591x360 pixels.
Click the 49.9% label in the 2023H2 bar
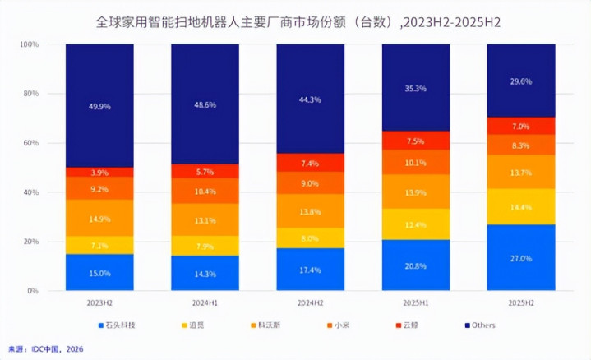tap(99, 105)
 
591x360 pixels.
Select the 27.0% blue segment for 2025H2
tap(521, 257)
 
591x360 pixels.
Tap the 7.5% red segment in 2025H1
tap(416, 141)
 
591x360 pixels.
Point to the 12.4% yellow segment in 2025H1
tap(416, 224)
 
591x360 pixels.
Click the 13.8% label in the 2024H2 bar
tap(310, 211)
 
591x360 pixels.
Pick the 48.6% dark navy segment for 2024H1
tap(205, 104)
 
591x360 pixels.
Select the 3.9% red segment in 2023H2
tap(99, 172)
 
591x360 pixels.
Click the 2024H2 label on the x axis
tap(310, 302)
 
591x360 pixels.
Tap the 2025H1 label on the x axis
tap(416, 302)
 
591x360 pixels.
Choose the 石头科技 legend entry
tap(115, 325)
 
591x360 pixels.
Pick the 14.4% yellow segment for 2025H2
tap(521, 206)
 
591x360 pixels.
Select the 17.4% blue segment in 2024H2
tap(310, 269)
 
